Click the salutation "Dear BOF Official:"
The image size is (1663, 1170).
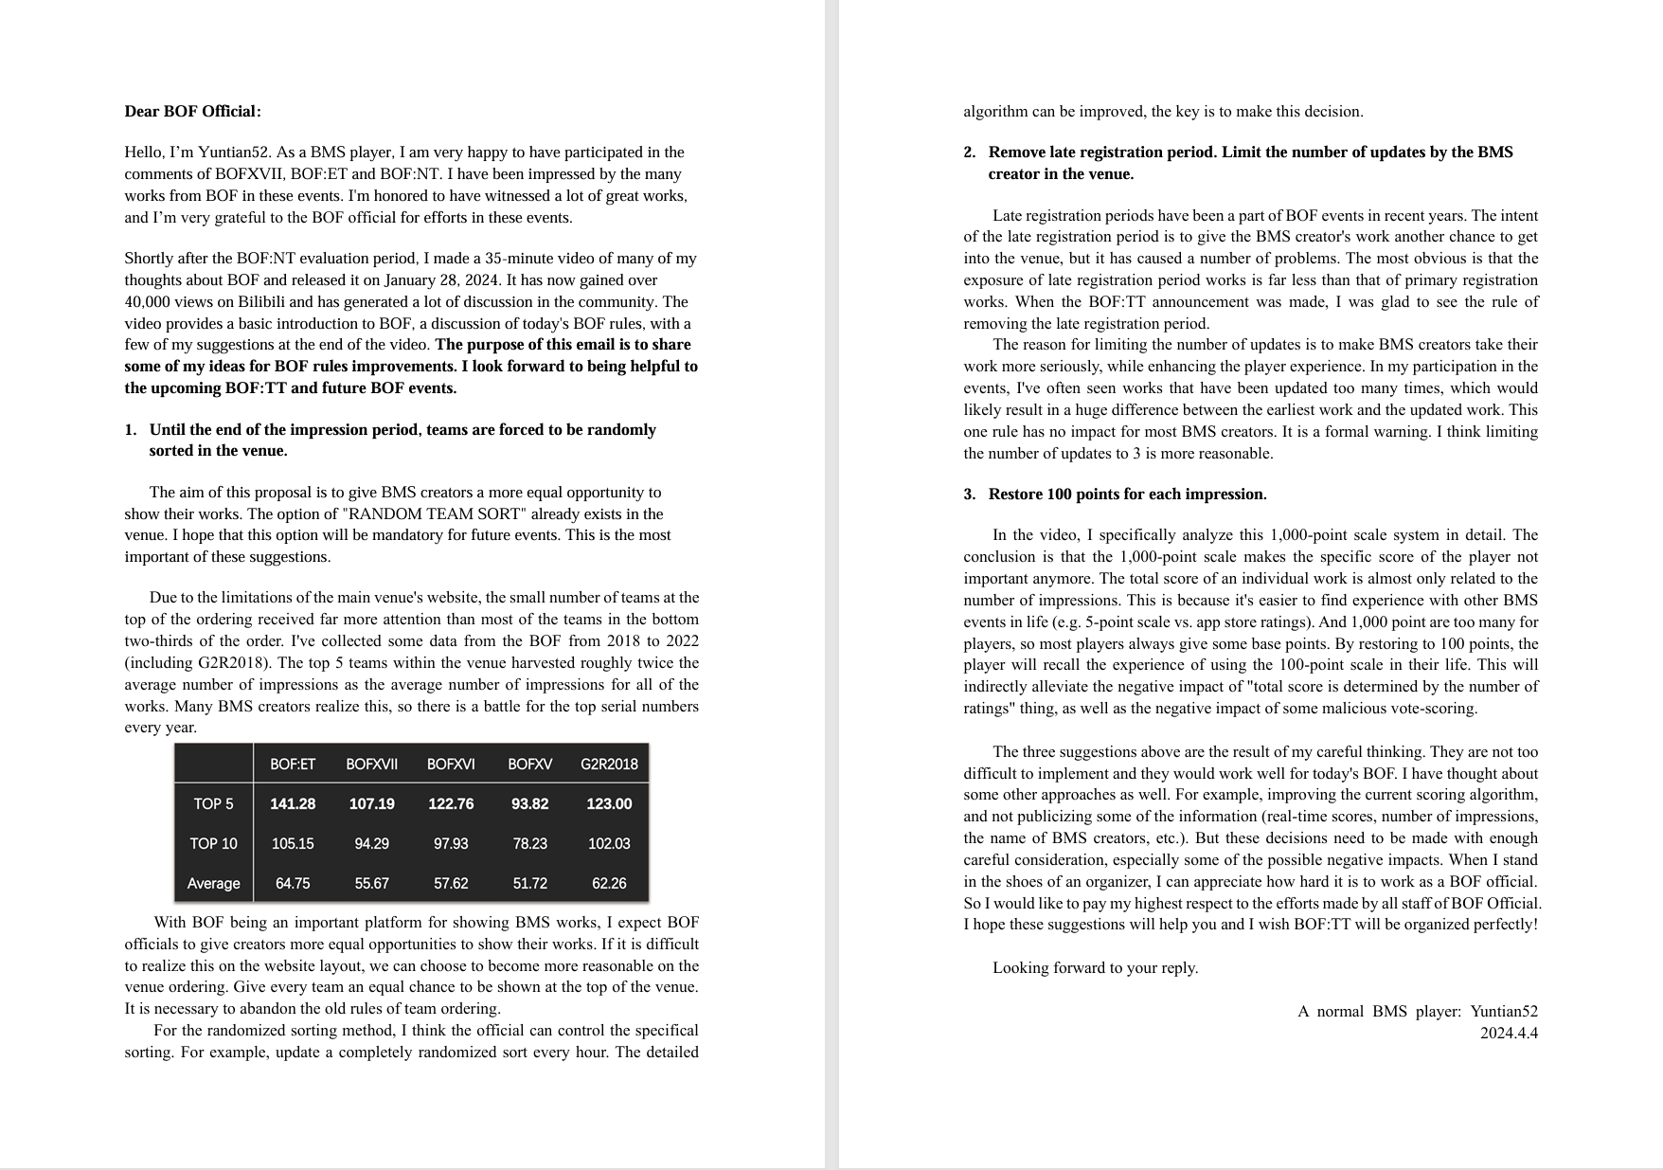click(192, 112)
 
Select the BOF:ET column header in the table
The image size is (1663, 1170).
click(293, 764)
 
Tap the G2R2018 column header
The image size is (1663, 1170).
click(609, 764)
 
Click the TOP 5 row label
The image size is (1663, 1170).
click(213, 803)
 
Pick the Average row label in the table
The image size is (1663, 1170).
click(213, 883)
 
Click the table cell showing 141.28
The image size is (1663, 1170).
click(293, 803)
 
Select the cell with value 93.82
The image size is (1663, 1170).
click(529, 803)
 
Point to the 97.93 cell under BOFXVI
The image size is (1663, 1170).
click(451, 843)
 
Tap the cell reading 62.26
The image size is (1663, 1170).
click(609, 883)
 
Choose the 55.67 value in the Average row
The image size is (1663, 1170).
click(371, 883)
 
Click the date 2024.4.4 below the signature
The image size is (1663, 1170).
click(1509, 1033)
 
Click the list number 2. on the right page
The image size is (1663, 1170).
click(970, 153)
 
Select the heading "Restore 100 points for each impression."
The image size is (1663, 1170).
click(1127, 495)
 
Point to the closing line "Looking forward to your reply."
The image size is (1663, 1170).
click(1095, 967)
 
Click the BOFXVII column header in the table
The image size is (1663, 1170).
click(371, 764)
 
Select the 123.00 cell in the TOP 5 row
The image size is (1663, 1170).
click(609, 803)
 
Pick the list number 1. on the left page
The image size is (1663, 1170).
click(131, 430)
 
